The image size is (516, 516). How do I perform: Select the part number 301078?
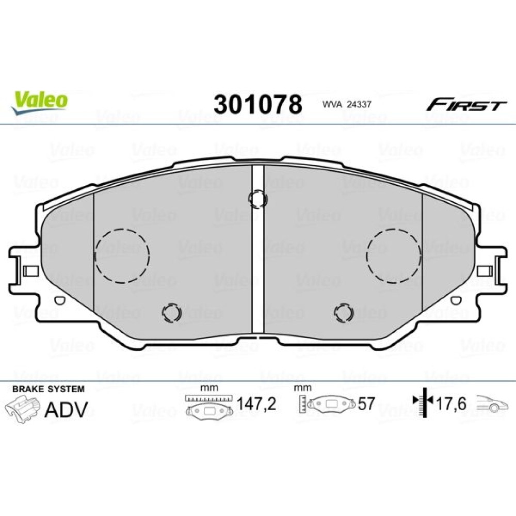click(257, 104)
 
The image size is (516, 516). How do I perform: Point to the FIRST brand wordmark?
click(466, 105)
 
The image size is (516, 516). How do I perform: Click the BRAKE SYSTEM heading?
click(49, 389)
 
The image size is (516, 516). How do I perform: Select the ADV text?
click(66, 409)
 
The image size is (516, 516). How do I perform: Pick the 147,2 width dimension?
click(256, 404)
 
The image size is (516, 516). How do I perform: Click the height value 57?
click(366, 404)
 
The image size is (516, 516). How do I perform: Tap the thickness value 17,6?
click(451, 404)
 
